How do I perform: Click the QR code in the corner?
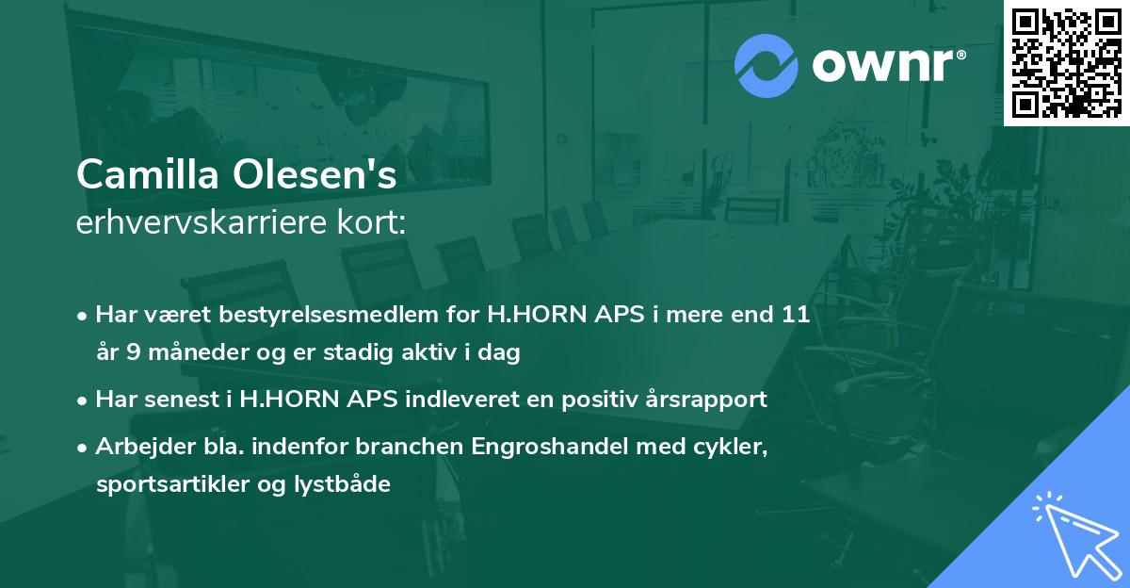coord(1066,62)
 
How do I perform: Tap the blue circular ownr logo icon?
coord(767,64)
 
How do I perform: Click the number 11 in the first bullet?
coord(793,314)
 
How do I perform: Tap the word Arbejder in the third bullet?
coord(137,446)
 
